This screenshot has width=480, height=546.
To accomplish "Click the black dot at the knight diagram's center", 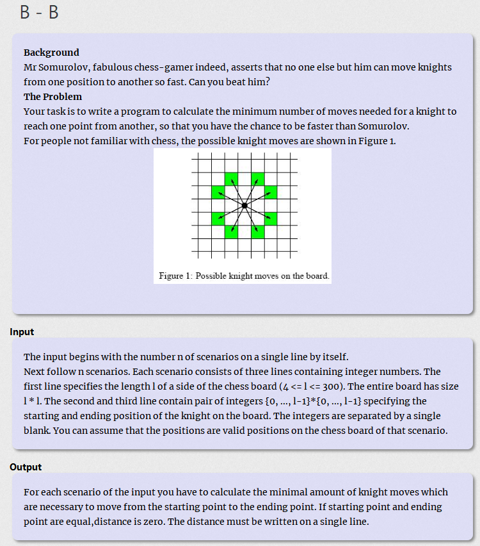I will [244, 205].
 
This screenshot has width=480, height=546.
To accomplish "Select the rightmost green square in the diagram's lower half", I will [271, 219].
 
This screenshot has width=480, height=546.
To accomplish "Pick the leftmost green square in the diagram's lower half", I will [218, 219].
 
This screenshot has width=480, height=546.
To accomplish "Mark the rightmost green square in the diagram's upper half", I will [271, 192].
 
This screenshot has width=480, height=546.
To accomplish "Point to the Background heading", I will [51, 53].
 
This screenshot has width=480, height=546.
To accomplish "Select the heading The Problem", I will [52, 97].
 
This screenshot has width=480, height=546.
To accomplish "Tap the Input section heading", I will [22, 332].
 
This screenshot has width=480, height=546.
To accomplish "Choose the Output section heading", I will [26, 467].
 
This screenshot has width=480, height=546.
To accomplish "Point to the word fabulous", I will [105, 67].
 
